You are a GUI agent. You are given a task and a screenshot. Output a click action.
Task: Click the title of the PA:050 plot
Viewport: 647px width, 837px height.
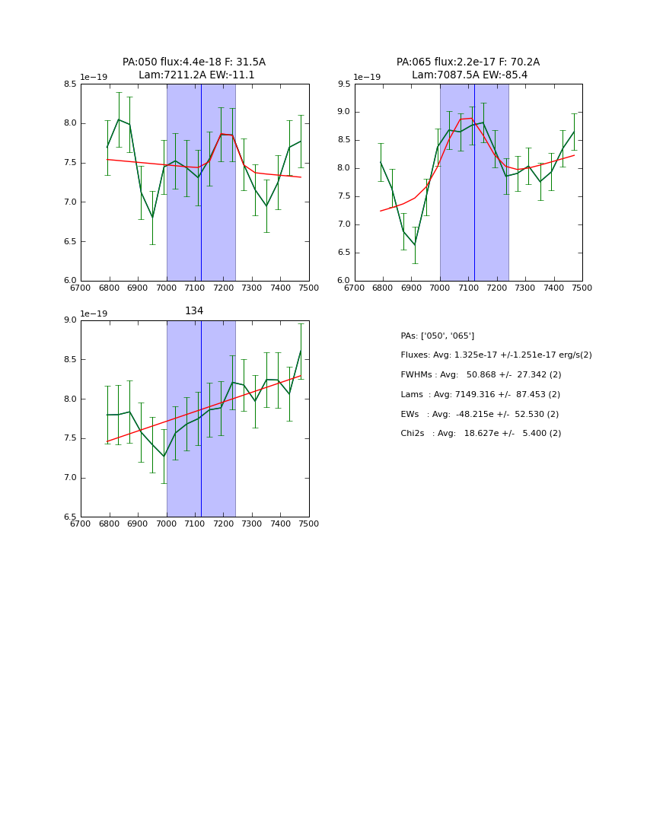point(194,68)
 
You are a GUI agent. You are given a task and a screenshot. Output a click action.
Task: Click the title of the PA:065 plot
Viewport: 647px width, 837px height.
point(467,68)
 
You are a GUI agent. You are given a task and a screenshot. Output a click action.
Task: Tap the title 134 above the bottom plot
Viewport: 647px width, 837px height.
point(194,310)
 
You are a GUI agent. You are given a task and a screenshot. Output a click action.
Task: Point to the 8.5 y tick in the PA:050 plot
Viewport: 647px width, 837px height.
point(70,84)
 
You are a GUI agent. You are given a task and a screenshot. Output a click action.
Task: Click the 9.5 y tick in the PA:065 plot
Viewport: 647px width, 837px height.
point(343,84)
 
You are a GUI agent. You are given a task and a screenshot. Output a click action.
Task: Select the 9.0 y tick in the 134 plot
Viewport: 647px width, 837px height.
point(70,320)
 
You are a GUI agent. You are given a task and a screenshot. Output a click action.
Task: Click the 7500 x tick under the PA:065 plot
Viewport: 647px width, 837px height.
point(582,288)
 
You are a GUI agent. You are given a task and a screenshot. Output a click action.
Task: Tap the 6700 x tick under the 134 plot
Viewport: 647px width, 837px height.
point(81,524)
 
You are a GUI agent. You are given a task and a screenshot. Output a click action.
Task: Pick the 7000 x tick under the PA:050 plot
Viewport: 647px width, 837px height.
point(167,288)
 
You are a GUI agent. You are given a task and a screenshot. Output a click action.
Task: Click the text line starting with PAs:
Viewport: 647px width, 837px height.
point(437,336)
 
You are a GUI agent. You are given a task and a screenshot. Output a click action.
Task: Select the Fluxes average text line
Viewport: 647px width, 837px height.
point(496,355)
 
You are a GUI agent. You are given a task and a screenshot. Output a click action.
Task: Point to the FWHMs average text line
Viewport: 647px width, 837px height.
point(480,375)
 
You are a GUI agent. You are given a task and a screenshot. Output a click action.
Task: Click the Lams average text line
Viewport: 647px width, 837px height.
point(480,395)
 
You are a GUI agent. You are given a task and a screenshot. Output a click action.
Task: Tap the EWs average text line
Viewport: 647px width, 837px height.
point(480,414)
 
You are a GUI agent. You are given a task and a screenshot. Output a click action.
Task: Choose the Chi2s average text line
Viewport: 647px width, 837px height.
point(480,434)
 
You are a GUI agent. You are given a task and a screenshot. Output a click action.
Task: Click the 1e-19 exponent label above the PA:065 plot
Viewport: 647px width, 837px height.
point(367,77)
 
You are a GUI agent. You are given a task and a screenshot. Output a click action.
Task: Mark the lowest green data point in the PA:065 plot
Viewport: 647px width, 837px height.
point(415,244)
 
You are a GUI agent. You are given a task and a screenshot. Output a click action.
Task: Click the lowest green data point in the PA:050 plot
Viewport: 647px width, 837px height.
point(152,217)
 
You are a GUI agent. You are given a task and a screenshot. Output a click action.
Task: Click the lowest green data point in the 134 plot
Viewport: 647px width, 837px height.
point(164,457)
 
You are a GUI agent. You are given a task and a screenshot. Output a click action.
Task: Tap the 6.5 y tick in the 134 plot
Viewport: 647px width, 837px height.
point(70,517)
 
